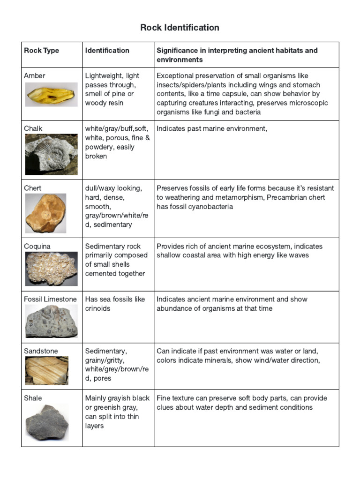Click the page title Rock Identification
coord(180,28)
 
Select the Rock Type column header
coord(41,51)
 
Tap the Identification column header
coord(107,51)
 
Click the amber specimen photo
coord(51,95)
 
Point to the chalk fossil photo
coord(51,154)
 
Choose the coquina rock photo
coord(51,269)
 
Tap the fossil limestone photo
coord(51,321)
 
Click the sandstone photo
coord(46,370)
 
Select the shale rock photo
coord(46,422)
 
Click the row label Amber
coord(35,76)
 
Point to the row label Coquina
coord(37,247)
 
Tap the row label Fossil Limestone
coord(50,299)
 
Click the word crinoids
coord(98,308)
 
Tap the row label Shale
coord(33,398)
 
